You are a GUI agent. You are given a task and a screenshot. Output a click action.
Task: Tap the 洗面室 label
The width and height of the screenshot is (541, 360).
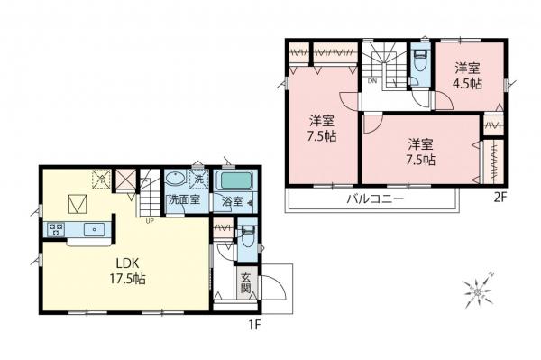tap(182, 201)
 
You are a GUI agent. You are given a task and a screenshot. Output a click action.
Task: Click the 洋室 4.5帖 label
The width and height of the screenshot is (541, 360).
tap(466, 75)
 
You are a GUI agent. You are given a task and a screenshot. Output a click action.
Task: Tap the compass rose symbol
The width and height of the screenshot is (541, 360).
tap(475, 290)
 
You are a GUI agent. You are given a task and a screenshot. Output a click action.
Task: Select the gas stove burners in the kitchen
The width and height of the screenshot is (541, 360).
tap(55, 229)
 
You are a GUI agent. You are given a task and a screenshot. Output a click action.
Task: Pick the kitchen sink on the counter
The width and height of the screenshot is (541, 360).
tap(92, 230)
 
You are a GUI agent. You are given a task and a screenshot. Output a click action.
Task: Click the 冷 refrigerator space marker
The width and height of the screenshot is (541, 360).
tap(103, 178)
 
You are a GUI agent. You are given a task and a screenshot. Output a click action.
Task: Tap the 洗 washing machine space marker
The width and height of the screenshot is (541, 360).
tap(196, 179)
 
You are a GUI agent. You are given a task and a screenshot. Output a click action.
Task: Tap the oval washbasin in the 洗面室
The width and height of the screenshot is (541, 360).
tap(174, 179)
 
